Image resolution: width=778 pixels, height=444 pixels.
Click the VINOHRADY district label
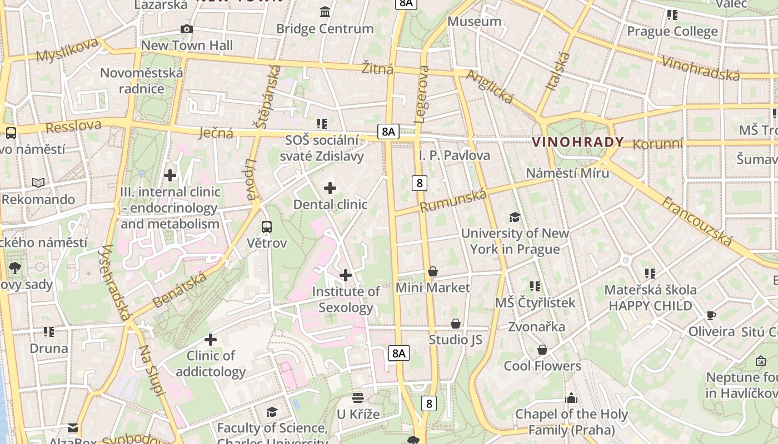pos(578,142)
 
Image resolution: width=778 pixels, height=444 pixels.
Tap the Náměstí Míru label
pos(567,173)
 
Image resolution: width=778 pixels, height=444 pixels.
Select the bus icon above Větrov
pos(267,226)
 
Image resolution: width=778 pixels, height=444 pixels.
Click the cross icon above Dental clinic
pos(330,188)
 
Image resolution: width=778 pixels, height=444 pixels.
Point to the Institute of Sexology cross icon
pos(346,275)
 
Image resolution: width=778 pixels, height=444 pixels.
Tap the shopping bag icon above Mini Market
pos(433,271)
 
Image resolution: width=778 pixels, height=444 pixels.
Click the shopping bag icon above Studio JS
pos(456,323)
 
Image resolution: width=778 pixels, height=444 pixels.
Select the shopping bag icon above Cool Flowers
pos(542,350)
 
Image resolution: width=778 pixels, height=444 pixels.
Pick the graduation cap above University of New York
pos(515,217)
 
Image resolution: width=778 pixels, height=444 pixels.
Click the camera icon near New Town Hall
pos(187,29)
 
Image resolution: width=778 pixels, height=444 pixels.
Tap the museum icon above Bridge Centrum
pos(325,12)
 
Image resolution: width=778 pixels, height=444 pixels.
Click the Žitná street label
pos(377,68)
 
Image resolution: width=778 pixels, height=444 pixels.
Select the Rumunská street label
pos(453,200)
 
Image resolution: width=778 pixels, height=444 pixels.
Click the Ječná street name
pos(216,133)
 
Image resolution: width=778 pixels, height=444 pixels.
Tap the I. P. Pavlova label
pos(455,155)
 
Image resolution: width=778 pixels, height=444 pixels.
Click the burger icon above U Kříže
pos(358,397)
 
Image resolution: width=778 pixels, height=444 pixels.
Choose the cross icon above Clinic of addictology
pos(211,339)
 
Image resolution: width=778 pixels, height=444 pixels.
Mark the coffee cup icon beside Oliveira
pos(711,315)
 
